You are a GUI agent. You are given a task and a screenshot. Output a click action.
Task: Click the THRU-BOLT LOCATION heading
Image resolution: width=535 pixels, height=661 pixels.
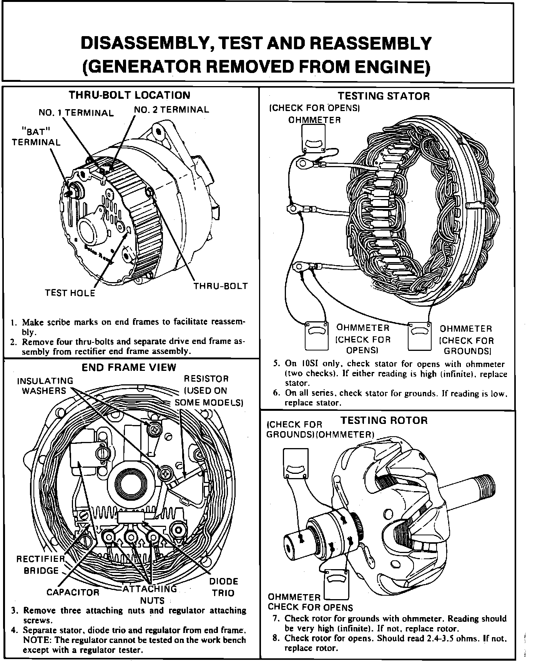129,95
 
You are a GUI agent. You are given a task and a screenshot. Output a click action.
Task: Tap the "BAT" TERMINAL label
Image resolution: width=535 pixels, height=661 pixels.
36,137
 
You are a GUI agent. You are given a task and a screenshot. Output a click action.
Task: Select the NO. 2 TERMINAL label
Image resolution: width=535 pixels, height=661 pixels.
171,110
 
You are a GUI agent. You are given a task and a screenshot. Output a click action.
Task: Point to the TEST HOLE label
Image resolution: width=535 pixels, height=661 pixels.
70,293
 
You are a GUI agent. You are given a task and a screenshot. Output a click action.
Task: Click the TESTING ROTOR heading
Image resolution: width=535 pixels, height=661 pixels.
384,420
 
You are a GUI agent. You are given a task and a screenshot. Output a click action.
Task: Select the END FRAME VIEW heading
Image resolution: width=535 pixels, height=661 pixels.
129,367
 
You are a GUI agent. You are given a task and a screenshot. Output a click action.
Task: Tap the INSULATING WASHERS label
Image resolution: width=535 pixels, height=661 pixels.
45,386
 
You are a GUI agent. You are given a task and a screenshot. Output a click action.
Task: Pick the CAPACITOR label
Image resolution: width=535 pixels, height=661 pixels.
73,592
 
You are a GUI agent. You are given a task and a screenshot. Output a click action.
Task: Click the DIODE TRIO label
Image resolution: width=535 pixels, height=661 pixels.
223,587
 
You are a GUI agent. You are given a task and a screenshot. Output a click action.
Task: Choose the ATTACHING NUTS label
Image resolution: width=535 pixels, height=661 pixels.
150,594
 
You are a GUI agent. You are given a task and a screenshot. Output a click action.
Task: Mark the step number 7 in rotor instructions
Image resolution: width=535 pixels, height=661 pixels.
275,619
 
